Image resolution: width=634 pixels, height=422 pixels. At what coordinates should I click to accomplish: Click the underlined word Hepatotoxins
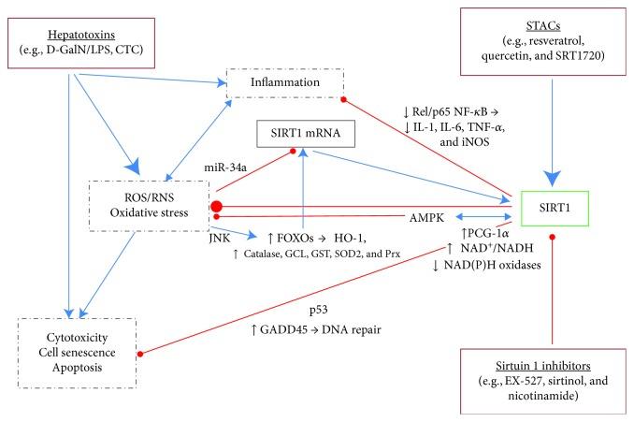81,36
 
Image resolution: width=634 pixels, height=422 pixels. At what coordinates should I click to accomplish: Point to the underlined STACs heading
543,26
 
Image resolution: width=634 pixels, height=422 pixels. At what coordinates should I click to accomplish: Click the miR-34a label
225,167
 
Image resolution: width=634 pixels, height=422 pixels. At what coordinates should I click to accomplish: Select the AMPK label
426,218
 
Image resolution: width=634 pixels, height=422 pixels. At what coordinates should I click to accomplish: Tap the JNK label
220,239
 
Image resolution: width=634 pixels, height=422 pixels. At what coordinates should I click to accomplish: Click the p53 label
319,311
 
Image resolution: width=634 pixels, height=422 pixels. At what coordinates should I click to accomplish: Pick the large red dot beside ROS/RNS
216,207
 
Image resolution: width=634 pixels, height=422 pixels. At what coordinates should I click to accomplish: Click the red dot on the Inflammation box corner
343,99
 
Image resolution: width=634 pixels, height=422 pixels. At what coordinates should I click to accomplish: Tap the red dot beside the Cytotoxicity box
140,354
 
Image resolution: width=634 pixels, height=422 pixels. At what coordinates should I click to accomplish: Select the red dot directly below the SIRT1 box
552,237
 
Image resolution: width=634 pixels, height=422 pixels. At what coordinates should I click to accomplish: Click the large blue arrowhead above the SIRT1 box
552,178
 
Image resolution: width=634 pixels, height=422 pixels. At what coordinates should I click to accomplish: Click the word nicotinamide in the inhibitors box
543,395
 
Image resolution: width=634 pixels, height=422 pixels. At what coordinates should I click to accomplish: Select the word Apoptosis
77,368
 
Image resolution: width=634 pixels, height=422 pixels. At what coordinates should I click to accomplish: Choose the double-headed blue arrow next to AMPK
483,217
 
